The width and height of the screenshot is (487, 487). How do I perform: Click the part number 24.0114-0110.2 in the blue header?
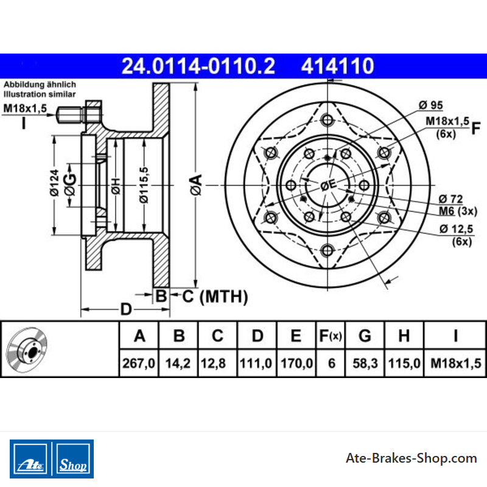[198, 66]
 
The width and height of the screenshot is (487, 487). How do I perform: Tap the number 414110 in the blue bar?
[338, 66]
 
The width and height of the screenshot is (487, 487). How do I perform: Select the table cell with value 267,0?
[139, 363]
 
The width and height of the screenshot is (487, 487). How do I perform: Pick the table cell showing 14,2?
[178, 363]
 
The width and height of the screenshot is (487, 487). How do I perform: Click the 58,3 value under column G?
[365, 363]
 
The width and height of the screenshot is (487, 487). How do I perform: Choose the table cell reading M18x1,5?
[455, 363]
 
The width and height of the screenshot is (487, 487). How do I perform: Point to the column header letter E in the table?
[296, 336]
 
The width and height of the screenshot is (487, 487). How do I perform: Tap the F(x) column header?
[331, 336]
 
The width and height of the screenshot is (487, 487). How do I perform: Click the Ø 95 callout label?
[431, 105]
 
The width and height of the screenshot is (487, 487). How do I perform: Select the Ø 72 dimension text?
[450, 199]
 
